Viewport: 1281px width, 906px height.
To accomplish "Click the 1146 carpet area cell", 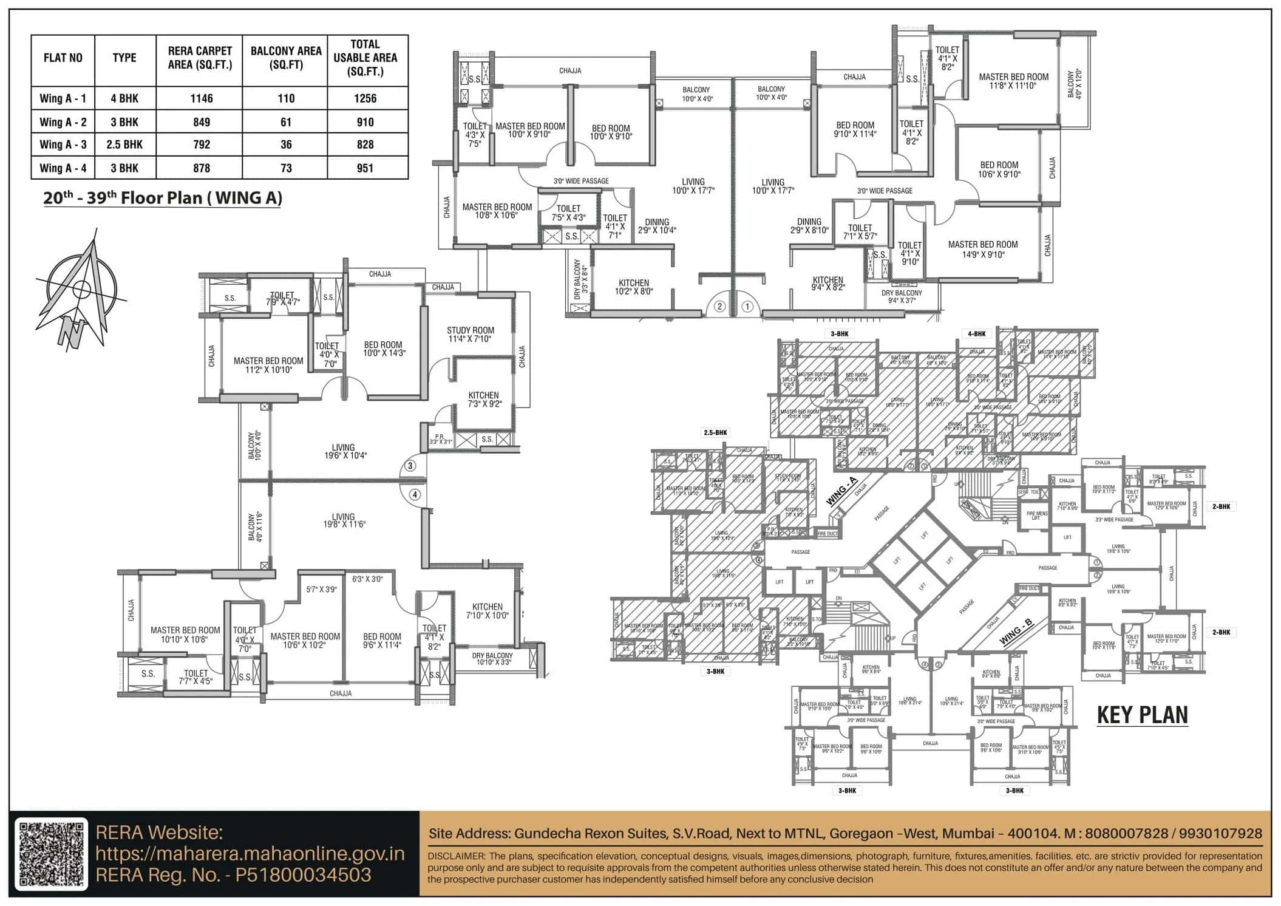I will click(x=201, y=98).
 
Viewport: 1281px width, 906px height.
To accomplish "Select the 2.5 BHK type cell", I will click(x=124, y=145).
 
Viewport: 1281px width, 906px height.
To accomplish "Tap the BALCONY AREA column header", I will click(x=285, y=58).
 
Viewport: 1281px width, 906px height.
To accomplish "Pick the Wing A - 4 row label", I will click(x=63, y=168).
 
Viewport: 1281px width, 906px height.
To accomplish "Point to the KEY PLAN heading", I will click(x=1142, y=715).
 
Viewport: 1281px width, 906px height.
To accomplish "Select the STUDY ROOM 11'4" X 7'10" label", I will click(x=470, y=335).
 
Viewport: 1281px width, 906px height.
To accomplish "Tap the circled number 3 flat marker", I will click(x=410, y=466).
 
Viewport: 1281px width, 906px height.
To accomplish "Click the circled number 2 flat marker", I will click(x=719, y=306).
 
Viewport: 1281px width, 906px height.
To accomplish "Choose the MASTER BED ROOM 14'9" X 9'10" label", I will click(x=982, y=249).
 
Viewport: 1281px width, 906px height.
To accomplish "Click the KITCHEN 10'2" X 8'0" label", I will click(x=633, y=287).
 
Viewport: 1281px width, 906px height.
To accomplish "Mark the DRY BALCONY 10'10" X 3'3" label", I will click(x=492, y=658).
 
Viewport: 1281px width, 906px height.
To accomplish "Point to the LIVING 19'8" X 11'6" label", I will click(x=344, y=520).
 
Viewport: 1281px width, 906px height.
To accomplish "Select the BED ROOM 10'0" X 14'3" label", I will click(x=384, y=349).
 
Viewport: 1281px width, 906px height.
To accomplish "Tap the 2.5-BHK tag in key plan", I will click(x=715, y=433).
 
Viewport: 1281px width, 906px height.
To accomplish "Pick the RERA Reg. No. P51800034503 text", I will click(x=233, y=874).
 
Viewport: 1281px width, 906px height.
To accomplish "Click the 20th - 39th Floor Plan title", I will click(x=162, y=199).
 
